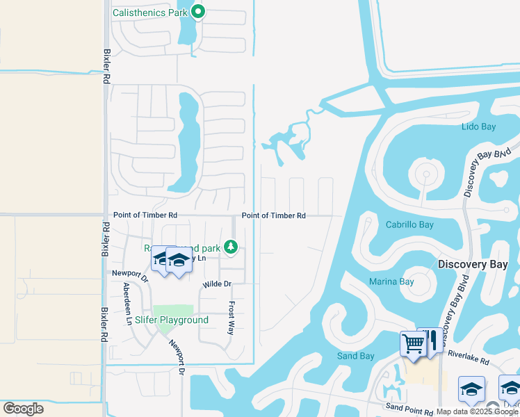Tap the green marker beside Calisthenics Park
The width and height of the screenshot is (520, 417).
pyautogui.click(x=197, y=11)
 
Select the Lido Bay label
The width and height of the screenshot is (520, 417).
pyautogui.click(x=478, y=126)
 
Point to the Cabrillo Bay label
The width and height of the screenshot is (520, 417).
pyautogui.click(x=409, y=224)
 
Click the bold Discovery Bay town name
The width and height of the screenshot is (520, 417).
pyautogui.click(x=473, y=264)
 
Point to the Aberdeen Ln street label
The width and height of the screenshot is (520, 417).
pyautogui.click(x=127, y=304)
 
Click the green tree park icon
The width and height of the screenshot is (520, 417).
pyautogui.click(x=231, y=247)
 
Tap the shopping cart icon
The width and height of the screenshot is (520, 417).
pyautogui.click(x=413, y=343)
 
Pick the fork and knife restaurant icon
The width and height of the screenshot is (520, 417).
pyautogui.click(x=430, y=341)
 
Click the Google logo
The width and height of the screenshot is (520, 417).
pyautogui.click(x=23, y=409)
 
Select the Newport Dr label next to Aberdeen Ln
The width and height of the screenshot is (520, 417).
pyautogui.click(x=130, y=275)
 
